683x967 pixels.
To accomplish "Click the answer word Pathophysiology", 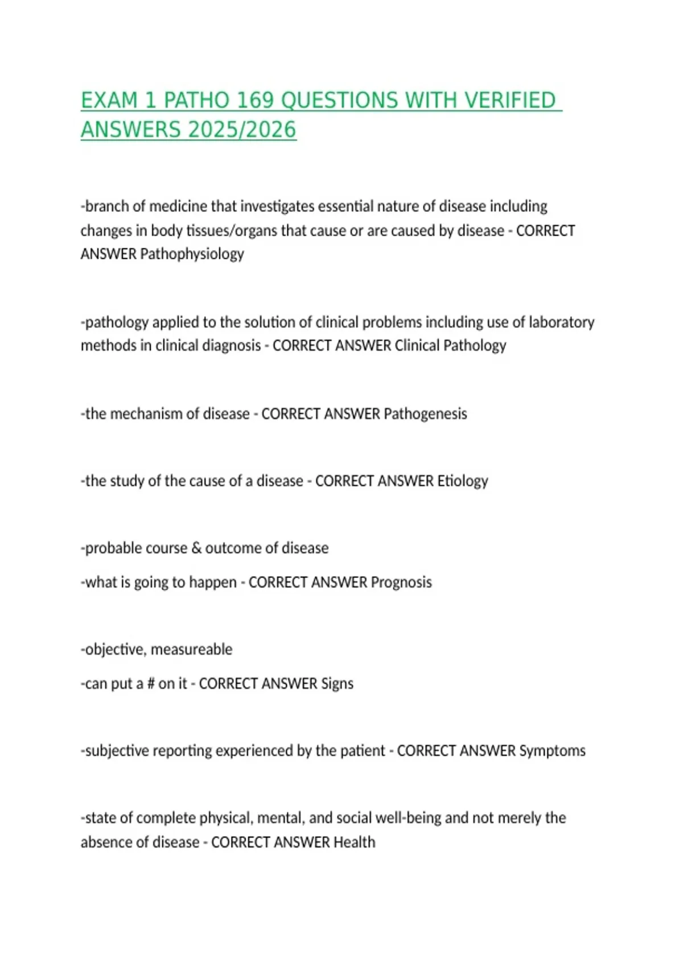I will click(x=192, y=254).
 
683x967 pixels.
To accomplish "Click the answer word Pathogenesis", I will click(x=425, y=414).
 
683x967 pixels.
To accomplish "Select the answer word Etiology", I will click(x=462, y=481).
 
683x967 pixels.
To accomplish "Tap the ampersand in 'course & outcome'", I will click(x=196, y=548).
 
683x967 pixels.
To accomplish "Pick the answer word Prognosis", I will click(x=401, y=582).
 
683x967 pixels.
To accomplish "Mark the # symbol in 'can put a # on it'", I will click(x=151, y=684).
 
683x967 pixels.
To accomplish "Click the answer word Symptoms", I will click(x=552, y=751).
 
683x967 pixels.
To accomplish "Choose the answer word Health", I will click(x=354, y=842).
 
